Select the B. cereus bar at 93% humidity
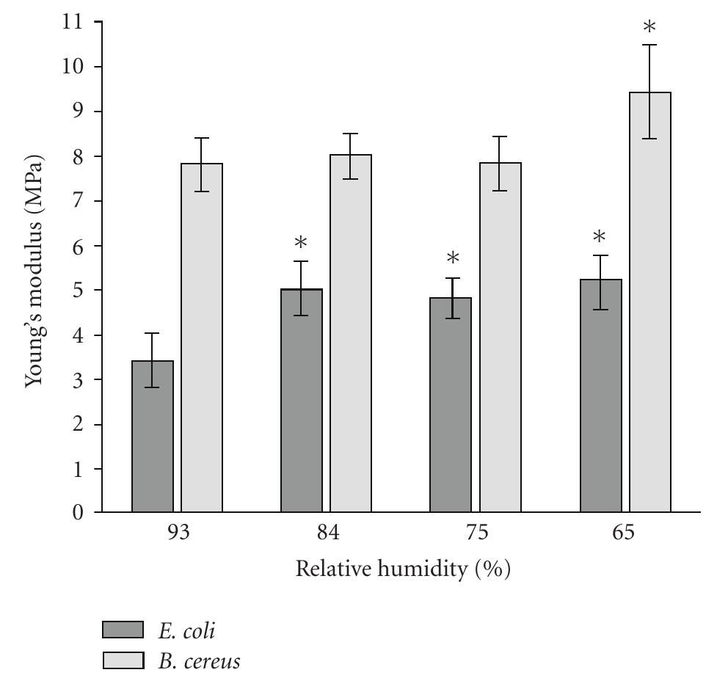(x=202, y=338)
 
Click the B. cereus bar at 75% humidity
(x=501, y=338)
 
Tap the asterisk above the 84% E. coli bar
(x=301, y=244)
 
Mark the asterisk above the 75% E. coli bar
(x=453, y=259)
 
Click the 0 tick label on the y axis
(x=77, y=513)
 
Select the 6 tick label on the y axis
(x=77, y=246)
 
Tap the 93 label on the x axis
(x=178, y=533)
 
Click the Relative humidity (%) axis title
(x=402, y=569)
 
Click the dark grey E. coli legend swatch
(x=123, y=630)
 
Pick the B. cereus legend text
(x=198, y=662)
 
